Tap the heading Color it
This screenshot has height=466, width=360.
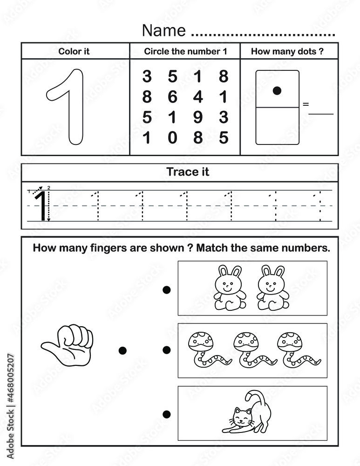click(74, 52)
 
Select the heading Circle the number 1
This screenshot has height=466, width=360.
click(185, 52)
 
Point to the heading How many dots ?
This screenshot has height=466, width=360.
click(287, 52)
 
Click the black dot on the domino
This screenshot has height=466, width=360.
click(277, 91)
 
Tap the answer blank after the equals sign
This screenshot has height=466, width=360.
click(321, 111)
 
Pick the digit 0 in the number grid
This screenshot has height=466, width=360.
click(172, 138)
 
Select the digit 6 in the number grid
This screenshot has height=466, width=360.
click(172, 97)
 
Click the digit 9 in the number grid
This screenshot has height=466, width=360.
click(198, 117)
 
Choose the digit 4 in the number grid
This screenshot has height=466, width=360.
click(198, 97)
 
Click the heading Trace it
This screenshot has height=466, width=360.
click(188, 172)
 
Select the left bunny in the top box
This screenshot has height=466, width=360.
click(229, 288)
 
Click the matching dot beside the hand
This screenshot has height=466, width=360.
click(122, 350)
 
